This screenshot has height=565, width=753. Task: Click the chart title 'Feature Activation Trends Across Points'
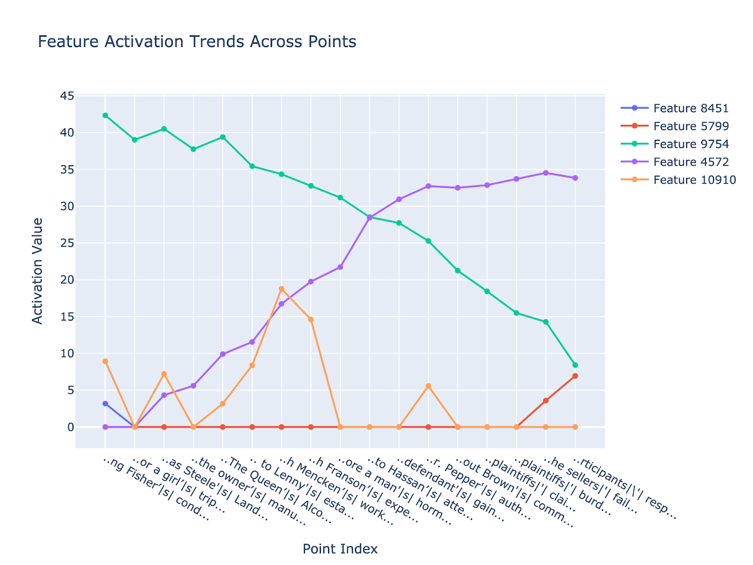coord(197,42)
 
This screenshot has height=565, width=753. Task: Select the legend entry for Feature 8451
coord(690,108)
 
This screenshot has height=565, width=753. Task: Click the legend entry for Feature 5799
coord(690,126)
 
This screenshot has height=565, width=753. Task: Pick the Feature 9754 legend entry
coord(690,144)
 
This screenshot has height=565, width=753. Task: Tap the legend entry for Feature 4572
coord(690,162)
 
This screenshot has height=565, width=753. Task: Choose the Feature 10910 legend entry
coord(694,180)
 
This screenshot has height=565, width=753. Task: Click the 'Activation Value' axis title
coord(38,271)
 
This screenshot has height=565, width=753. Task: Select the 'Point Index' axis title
coord(340,549)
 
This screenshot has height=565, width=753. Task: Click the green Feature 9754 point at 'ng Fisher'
coord(105,115)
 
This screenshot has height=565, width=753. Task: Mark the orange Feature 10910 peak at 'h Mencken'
coord(281,289)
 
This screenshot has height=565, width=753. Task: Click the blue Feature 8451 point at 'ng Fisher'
coord(105,404)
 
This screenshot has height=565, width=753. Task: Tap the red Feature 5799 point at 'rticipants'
coord(575,376)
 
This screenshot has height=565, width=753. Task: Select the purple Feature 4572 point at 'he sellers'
coord(546,173)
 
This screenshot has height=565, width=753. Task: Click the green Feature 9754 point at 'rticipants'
coord(575,365)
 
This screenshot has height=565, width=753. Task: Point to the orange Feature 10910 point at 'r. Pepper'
coord(428,386)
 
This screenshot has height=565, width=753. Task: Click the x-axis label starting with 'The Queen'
coord(278,490)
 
